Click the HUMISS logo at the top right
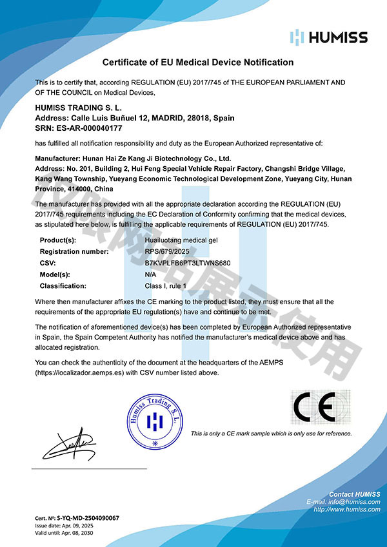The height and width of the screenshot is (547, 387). point(329,36)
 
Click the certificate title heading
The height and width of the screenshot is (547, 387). point(198,62)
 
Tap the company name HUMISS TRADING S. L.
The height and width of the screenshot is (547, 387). point(78,108)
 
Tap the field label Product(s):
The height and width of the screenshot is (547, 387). point(59,240)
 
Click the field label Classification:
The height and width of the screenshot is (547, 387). point(63,285)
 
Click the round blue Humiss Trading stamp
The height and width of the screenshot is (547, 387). point(156,421)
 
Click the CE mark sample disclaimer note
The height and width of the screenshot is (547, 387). point(272,434)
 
